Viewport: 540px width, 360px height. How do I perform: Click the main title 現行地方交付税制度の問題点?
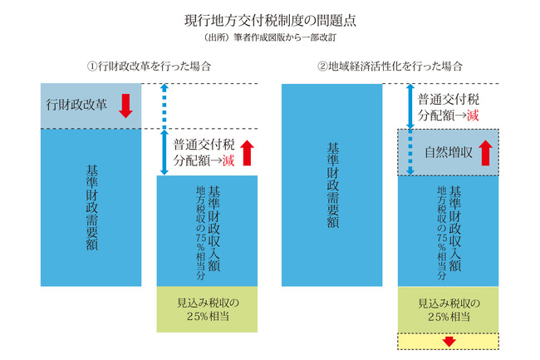pos(270,21)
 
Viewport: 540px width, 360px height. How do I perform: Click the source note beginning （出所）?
pos(270,37)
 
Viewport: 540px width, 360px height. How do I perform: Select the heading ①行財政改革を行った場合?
pos(149,66)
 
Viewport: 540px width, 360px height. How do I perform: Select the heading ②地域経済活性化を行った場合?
pos(390,66)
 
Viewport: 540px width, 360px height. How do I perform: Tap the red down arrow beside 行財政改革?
pos(125,106)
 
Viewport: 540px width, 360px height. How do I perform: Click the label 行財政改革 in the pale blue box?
pos(76,105)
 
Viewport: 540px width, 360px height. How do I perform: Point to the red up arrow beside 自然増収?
pos(486,153)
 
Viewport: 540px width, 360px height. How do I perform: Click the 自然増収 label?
pos(448,152)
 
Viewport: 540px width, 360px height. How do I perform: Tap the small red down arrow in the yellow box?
pos(449,342)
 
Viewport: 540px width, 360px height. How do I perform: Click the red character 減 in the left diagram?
pos(228,160)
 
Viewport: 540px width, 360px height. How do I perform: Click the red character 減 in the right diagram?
pos(473,115)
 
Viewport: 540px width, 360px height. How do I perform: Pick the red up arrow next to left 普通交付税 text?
pos(247,153)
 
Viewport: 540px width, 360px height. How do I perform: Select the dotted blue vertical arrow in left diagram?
pos(164,106)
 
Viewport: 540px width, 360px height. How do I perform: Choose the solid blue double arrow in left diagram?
pos(164,152)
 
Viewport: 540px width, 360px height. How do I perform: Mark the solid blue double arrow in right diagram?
pos(410,106)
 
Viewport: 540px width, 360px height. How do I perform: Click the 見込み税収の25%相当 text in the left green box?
pos(208,309)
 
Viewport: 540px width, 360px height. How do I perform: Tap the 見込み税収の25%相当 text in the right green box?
pos(449,309)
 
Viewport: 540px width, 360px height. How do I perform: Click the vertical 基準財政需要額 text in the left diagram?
pos(92,207)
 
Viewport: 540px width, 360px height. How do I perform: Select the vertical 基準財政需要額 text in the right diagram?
pos(332,185)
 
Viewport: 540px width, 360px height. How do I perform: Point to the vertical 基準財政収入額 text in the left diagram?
pos(214,229)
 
